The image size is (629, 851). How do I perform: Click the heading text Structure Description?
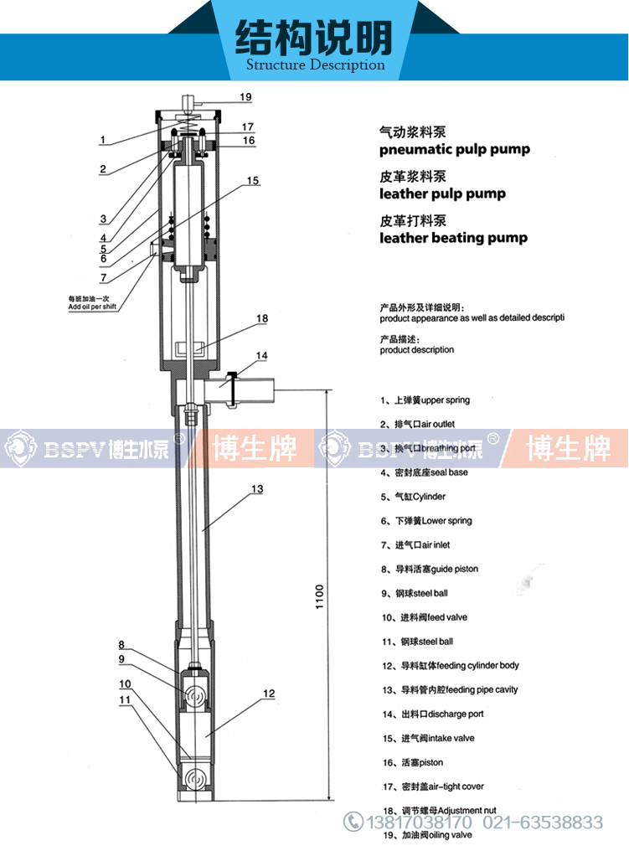[315, 64]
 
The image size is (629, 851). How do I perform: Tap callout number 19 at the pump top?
[245, 97]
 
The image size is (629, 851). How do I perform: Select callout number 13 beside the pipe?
[257, 488]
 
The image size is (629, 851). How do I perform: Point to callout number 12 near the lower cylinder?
[268, 694]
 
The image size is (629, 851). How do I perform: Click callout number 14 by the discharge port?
[262, 356]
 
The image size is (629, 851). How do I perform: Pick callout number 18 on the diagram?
[262, 318]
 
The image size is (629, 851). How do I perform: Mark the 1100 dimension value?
[319, 596]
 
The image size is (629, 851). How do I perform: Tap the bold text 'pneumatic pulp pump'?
[454, 150]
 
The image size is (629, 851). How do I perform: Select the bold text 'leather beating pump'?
[453, 238]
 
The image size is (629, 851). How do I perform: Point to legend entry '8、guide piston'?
[429, 569]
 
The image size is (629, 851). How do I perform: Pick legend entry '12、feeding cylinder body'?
[450, 666]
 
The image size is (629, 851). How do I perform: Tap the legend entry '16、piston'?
[412, 762]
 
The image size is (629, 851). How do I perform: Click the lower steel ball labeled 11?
[196, 778]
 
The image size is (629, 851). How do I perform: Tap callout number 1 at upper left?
[102, 140]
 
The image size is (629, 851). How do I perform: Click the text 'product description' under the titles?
[417, 350]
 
